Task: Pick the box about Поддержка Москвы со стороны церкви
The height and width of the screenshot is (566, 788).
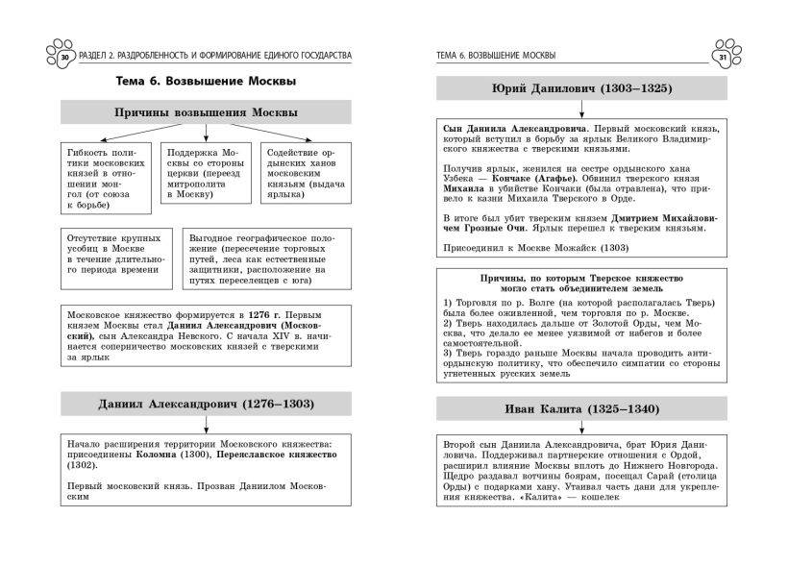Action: point(204,173)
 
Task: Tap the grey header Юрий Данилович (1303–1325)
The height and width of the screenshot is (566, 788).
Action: point(580,88)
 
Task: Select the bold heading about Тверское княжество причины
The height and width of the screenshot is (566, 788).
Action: point(581,283)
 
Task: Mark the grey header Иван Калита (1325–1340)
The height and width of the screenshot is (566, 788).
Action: point(580,409)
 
